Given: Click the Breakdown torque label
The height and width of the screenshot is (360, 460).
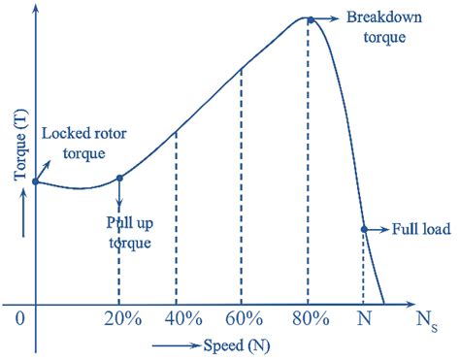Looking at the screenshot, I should pyautogui.click(x=382, y=28).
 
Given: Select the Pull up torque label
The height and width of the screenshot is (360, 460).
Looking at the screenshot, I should pyautogui.click(x=128, y=233).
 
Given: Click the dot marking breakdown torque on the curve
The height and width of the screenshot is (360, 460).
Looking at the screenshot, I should pyautogui.click(x=309, y=18).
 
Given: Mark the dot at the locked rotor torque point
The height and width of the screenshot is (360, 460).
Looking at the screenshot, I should pyautogui.click(x=36, y=181).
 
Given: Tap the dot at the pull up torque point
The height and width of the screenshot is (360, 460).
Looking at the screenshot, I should pyautogui.click(x=119, y=178).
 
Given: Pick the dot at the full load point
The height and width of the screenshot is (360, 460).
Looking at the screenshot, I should pyautogui.click(x=364, y=230).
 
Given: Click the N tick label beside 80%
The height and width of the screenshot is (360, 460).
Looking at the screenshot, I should pyautogui.click(x=364, y=318).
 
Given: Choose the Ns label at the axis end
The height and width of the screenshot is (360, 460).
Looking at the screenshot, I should pyautogui.click(x=427, y=319).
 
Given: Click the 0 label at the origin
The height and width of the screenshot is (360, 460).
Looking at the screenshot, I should pyautogui.click(x=18, y=318).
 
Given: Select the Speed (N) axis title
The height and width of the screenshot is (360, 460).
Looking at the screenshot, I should pyautogui.click(x=230, y=344).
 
